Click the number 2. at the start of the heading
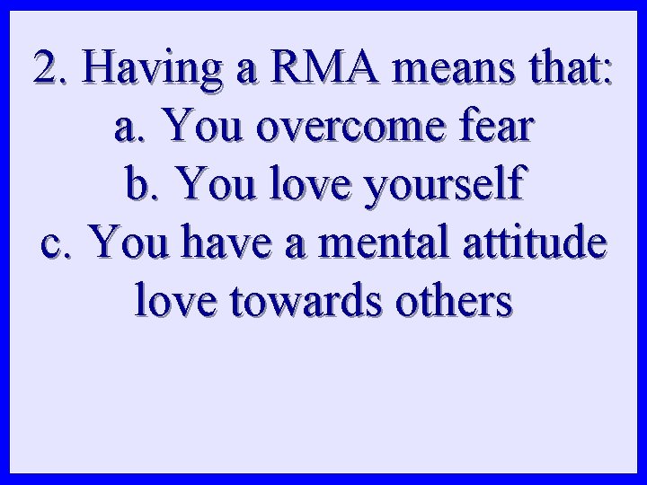[x=48, y=68]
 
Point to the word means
[x=430, y=68]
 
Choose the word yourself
[x=441, y=187]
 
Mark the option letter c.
[x=57, y=244]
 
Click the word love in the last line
[x=171, y=302]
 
